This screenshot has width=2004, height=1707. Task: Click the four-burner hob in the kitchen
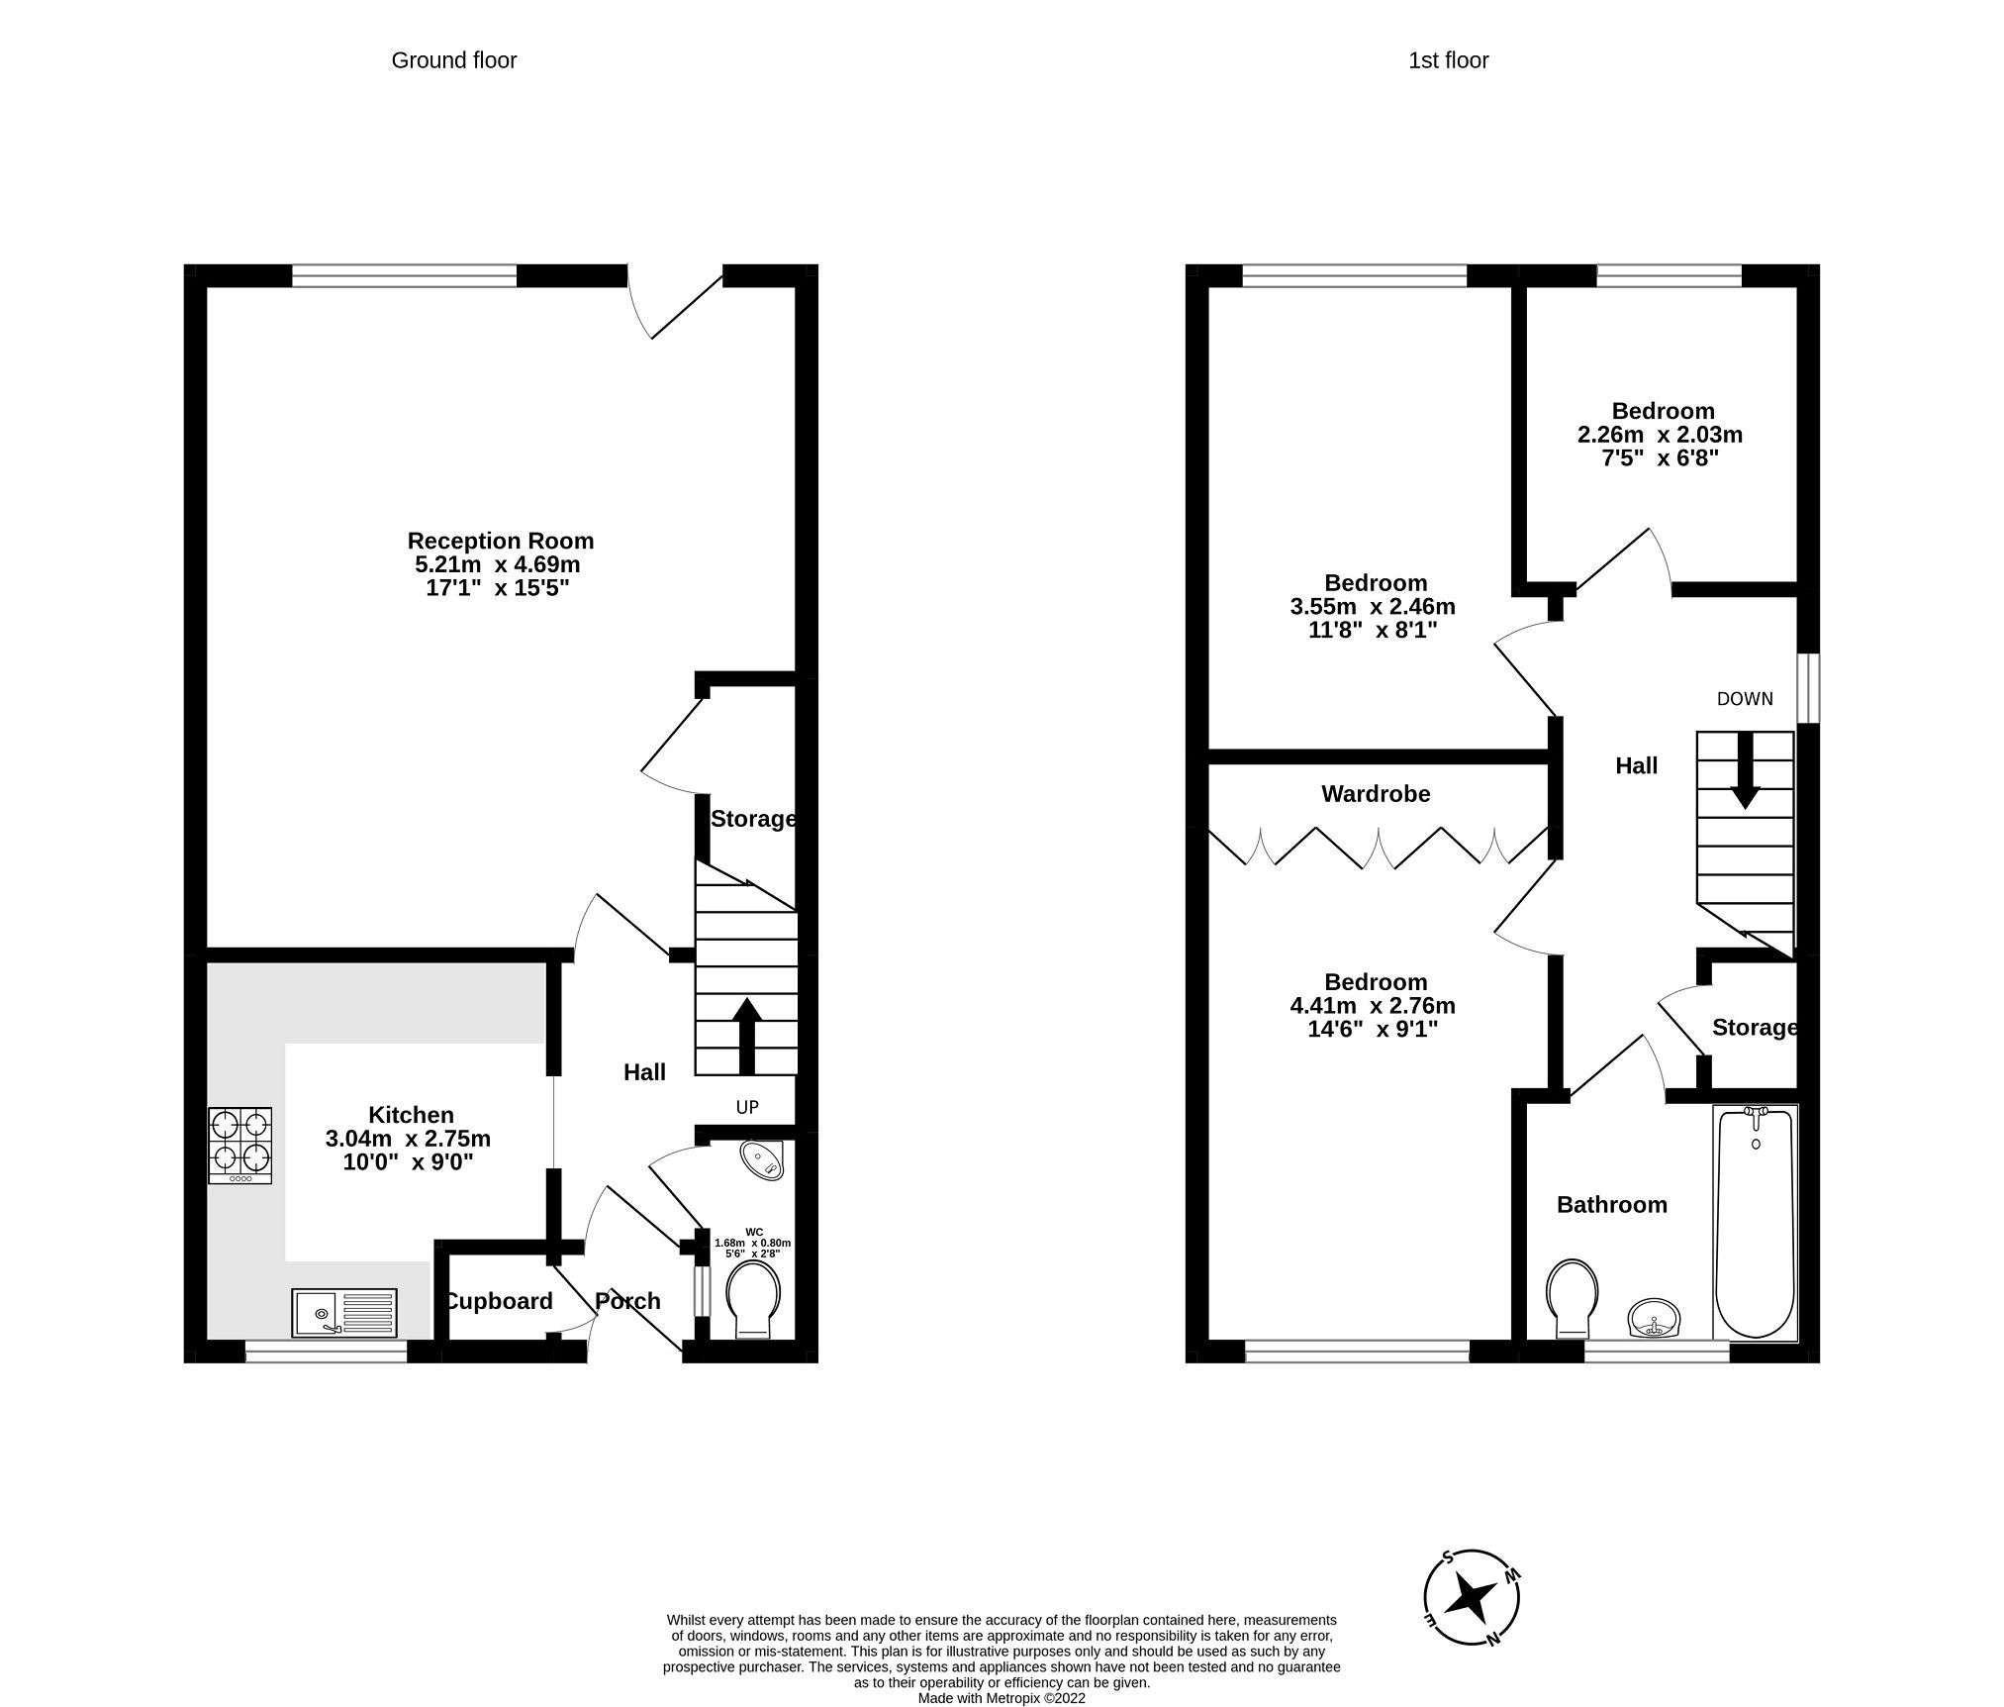239,1145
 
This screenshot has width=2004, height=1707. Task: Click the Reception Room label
500,541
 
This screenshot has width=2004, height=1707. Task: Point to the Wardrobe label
1376,793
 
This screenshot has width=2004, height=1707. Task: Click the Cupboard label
499,1301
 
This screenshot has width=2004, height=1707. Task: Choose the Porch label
627,1301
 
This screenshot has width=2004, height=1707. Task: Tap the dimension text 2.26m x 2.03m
1660,435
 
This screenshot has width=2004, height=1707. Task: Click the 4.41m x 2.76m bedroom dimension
1373,1006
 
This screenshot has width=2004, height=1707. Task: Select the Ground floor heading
454,60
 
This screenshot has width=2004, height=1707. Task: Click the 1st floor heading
1448,60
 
